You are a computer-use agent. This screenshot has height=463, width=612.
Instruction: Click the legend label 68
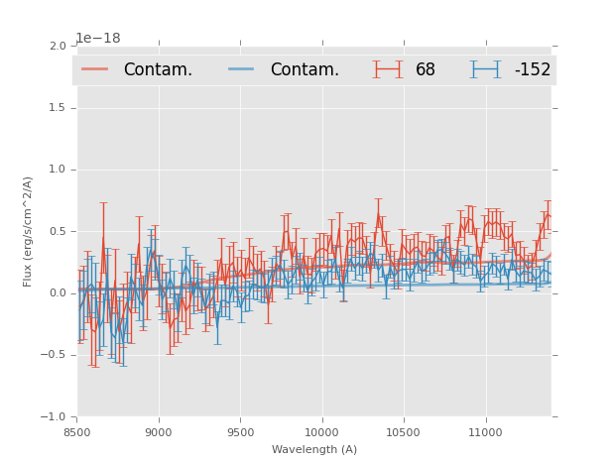(426, 70)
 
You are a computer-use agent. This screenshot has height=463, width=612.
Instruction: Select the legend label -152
(532, 70)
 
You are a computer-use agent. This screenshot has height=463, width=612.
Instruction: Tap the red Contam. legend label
(158, 70)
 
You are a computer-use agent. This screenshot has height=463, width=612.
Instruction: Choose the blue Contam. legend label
(305, 70)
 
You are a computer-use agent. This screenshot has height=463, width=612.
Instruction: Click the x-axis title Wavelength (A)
(314, 449)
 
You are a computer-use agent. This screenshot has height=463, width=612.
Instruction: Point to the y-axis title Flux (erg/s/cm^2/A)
(29, 231)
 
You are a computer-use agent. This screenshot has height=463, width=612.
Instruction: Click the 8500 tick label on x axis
(76, 431)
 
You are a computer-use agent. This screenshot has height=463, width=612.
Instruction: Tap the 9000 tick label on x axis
(159, 431)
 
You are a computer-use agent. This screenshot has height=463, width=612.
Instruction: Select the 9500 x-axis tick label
(240, 431)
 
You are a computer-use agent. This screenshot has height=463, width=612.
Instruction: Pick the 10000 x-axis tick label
(321, 431)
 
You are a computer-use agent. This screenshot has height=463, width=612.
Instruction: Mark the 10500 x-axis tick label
(403, 431)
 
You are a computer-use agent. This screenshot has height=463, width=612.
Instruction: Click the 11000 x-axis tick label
(485, 431)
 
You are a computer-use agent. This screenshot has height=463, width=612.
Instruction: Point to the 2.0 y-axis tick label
(58, 47)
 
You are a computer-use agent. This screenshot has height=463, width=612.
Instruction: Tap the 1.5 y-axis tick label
(58, 108)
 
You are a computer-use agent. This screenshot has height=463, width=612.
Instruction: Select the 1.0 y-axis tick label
(58, 170)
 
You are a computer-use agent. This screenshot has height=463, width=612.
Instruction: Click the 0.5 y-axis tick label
(58, 232)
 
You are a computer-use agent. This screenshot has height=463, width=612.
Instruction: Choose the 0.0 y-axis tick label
(58, 293)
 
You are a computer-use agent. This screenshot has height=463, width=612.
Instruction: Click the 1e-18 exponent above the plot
(98, 39)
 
